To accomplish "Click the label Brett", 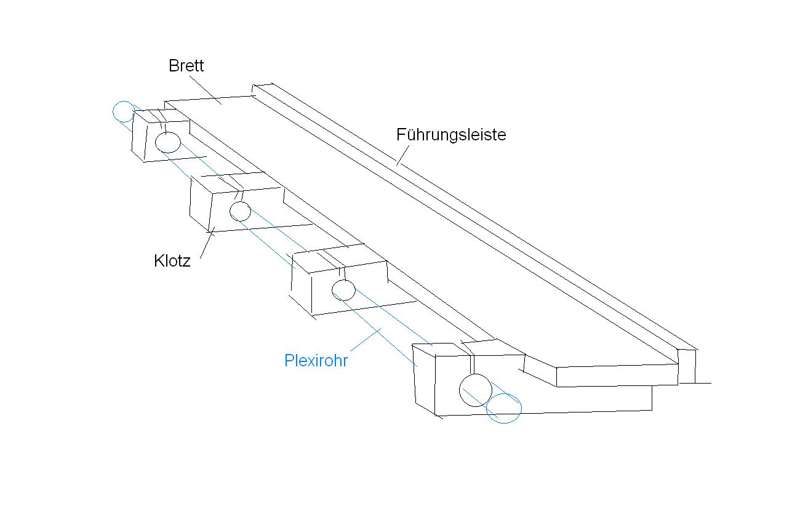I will [x=186, y=66].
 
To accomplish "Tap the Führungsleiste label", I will [x=451, y=134].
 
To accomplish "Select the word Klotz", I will [x=172, y=260].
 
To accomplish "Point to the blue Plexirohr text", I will [x=316, y=361].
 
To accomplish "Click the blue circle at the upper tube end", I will [x=124, y=111].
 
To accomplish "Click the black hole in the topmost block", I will [x=167, y=142].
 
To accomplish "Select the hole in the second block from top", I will [x=240, y=211].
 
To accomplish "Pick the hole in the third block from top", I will [x=343, y=289].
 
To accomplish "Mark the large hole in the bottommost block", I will [x=476, y=389].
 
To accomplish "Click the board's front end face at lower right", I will [x=615, y=375].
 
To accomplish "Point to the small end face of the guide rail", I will [x=687, y=366].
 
